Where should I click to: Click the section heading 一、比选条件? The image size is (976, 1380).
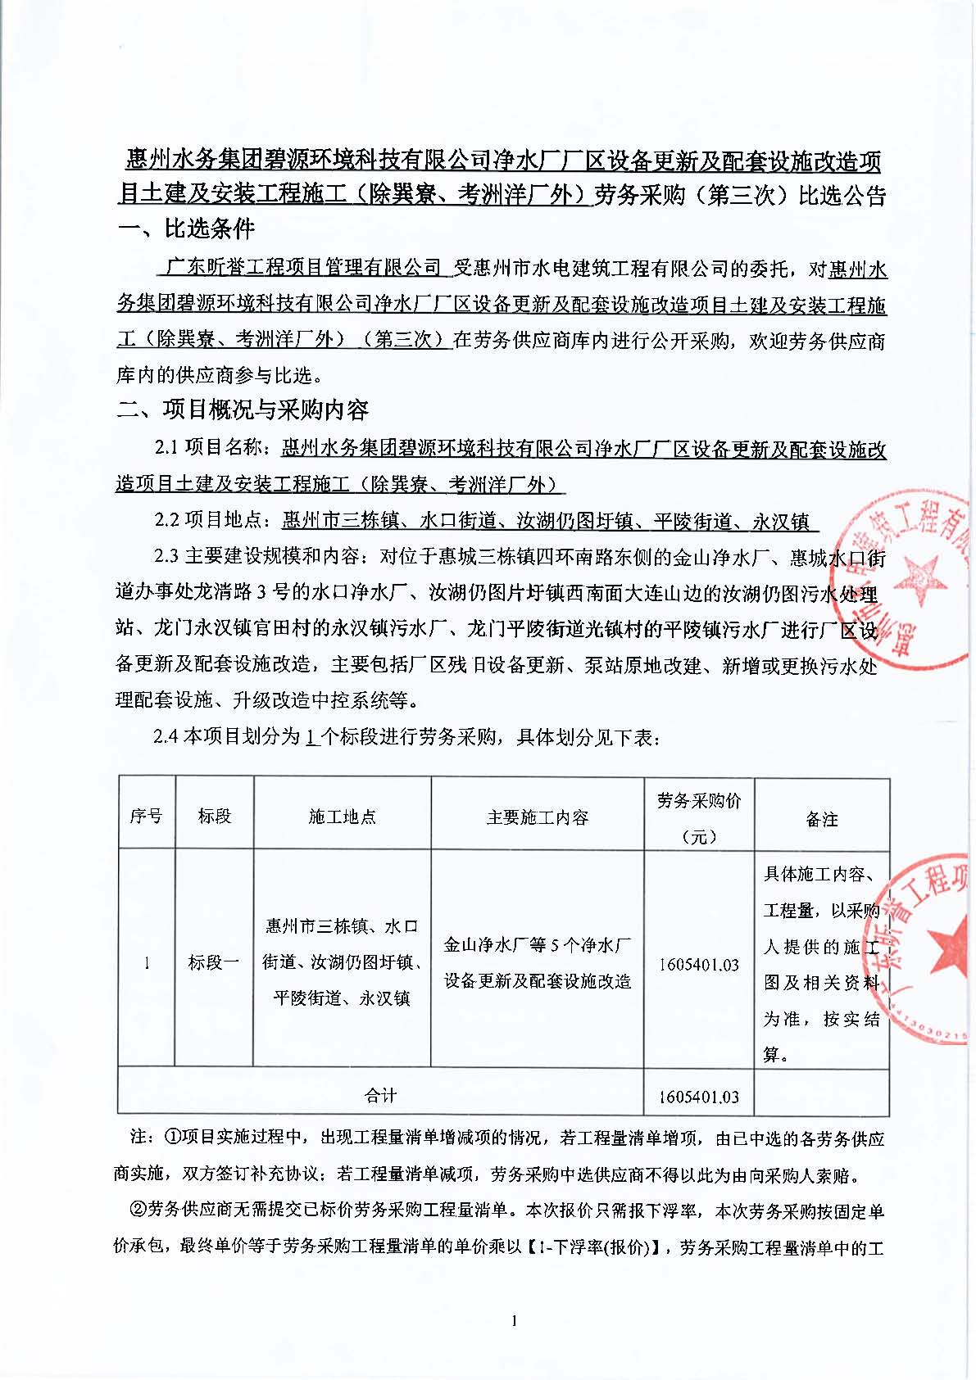click(x=185, y=229)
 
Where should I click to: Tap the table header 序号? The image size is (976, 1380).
click(x=146, y=816)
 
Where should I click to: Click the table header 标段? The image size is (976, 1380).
click(x=214, y=816)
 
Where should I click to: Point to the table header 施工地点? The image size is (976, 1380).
click(x=342, y=817)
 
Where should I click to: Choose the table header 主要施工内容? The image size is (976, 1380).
click(x=537, y=817)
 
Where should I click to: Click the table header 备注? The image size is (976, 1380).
click(x=821, y=819)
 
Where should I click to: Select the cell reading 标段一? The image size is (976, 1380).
click(x=214, y=962)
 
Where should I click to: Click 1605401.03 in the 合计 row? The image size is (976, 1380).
click(x=698, y=1097)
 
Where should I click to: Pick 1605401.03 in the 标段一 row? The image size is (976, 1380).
click(x=698, y=965)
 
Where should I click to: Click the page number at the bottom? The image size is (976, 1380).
click(x=514, y=1320)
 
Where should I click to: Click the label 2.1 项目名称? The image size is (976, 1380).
click(x=210, y=448)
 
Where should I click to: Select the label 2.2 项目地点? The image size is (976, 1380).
click(x=210, y=521)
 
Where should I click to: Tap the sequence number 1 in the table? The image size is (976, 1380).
click(x=147, y=963)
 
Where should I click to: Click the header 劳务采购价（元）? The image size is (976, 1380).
click(x=698, y=817)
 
